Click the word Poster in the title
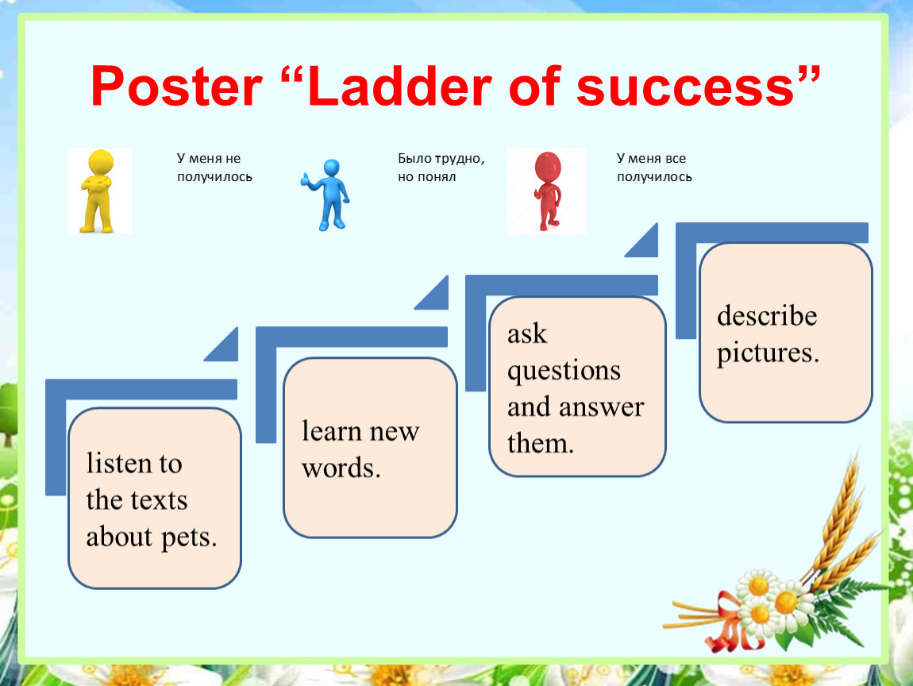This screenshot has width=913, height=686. [x=176, y=87]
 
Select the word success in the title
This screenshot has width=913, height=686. [x=686, y=87]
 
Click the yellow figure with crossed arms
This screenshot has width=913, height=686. [x=99, y=191]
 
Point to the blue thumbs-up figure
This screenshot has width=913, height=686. [x=326, y=195]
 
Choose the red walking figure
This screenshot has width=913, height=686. [x=547, y=191]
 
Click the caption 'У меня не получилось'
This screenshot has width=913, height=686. [x=214, y=167]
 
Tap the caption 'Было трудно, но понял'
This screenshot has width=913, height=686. [x=441, y=167]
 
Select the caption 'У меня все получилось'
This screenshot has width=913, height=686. [x=654, y=167]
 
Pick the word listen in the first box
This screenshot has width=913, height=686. [x=121, y=464]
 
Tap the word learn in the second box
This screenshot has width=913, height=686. [x=332, y=431]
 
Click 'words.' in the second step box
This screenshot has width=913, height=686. [x=341, y=468]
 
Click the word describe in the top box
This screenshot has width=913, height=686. [x=767, y=316]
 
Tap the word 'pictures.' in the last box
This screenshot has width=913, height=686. [x=768, y=353]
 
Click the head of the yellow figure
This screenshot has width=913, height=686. [x=100, y=163]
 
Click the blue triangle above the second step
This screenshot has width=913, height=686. [x=437, y=297]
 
